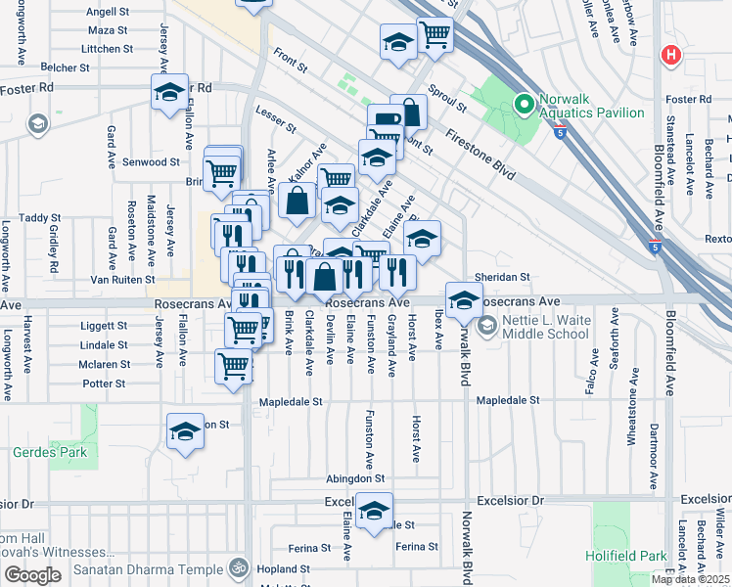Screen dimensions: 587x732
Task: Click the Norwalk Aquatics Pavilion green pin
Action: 524,102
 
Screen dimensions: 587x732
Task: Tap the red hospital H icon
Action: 671,54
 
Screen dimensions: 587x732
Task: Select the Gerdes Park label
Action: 50,452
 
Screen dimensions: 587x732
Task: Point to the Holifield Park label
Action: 625,555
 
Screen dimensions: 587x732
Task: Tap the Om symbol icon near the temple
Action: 236,566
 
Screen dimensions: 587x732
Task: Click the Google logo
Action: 32,574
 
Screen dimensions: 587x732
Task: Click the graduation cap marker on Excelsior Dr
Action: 373,511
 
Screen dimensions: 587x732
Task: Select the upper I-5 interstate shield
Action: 559,132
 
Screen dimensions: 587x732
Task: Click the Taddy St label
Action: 40,218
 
